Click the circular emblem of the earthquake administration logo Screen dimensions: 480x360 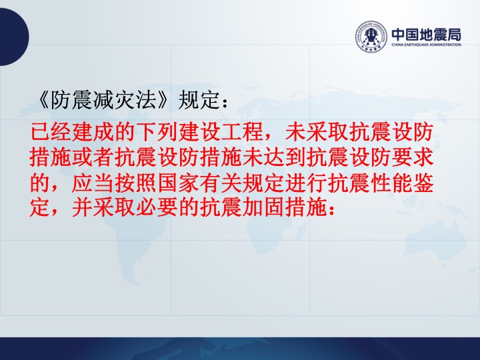(x=371, y=37)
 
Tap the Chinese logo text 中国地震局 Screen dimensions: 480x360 (x=426, y=35)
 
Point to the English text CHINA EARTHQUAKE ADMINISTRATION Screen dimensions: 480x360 (x=426, y=45)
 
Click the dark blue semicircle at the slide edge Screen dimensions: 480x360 (x=14, y=37)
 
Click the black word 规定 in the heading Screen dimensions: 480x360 (x=199, y=100)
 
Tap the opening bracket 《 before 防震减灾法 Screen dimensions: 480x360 (x=43, y=100)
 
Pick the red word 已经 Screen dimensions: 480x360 (x=51, y=132)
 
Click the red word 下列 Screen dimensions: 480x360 (x=157, y=132)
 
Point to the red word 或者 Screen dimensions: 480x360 (x=93, y=157)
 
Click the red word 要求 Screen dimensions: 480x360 (x=413, y=157)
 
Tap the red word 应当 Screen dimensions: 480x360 (x=93, y=183)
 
